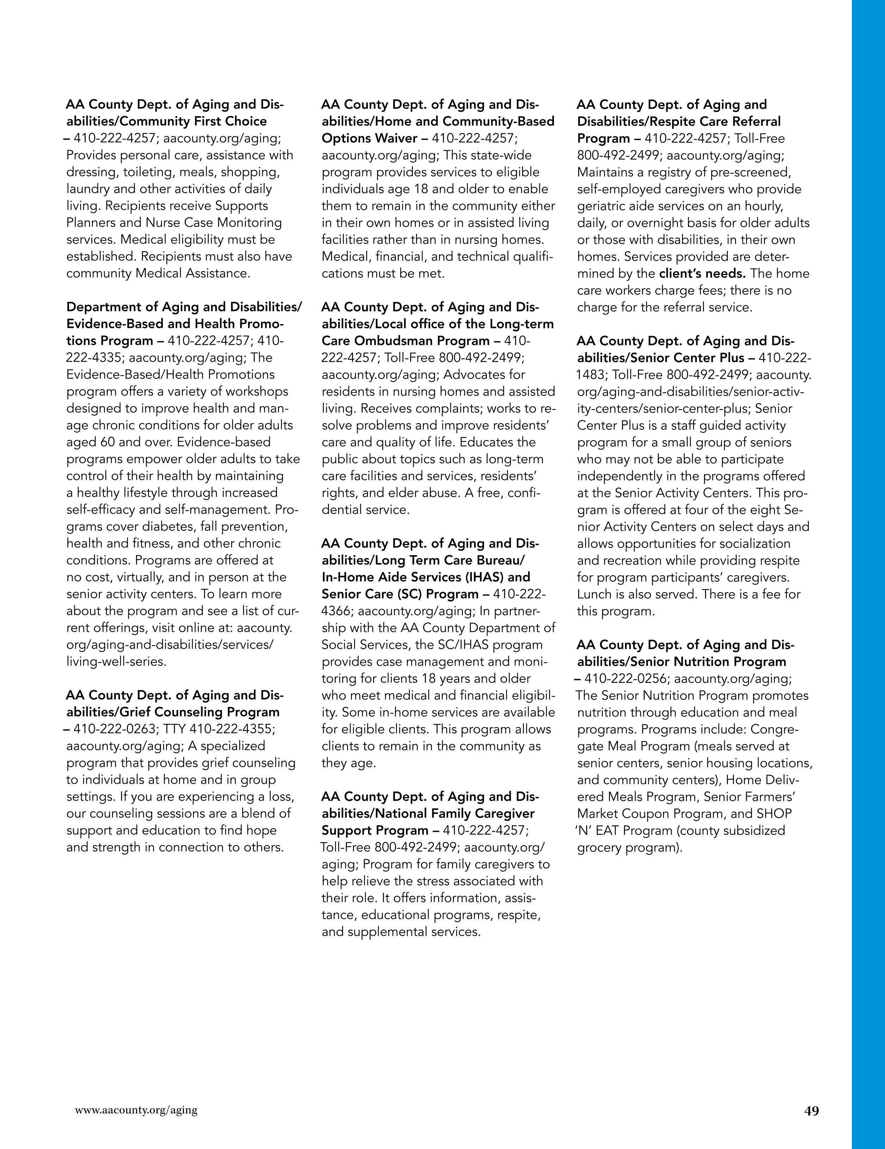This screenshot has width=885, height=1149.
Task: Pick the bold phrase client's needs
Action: pyautogui.click(x=703, y=274)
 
